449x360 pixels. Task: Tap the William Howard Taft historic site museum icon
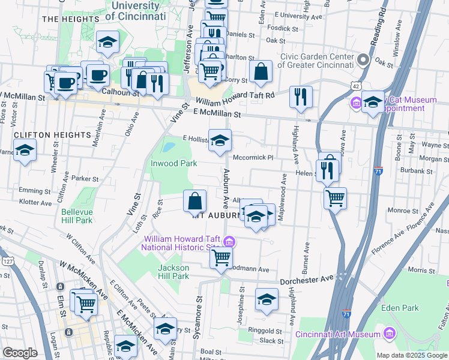tap(228, 242)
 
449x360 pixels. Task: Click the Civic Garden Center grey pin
tap(363, 61)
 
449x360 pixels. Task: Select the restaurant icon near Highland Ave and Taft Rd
tap(300, 97)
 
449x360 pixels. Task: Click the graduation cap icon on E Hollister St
tap(220, 141)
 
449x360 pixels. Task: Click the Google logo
tap(20, 353)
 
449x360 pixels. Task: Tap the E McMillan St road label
tap(217, 113)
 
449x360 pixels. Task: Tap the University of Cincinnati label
tap(139, 11)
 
